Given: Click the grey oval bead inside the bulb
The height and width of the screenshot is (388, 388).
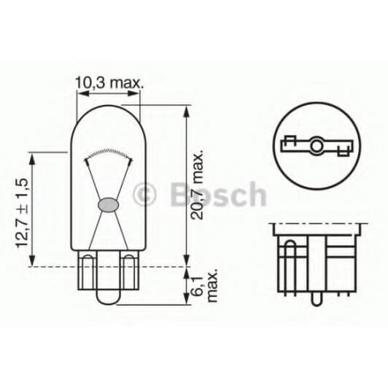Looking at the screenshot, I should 107,205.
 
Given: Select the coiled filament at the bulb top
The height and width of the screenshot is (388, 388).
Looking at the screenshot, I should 107,151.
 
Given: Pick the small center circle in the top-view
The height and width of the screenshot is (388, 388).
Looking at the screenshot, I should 317,149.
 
